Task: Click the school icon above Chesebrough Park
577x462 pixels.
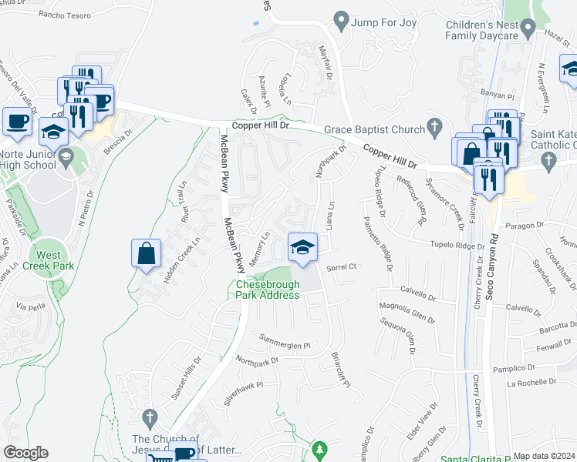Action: (x=302, y=248)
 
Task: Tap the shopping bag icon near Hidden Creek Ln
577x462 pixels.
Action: (x=147, y=253)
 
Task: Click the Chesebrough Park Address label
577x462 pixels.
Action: (x=267, y=290)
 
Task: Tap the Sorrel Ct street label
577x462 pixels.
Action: (x=340, y=267)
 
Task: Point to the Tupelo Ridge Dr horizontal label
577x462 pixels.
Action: (x=457, y=245)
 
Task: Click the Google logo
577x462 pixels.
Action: (x=25, y=453)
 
